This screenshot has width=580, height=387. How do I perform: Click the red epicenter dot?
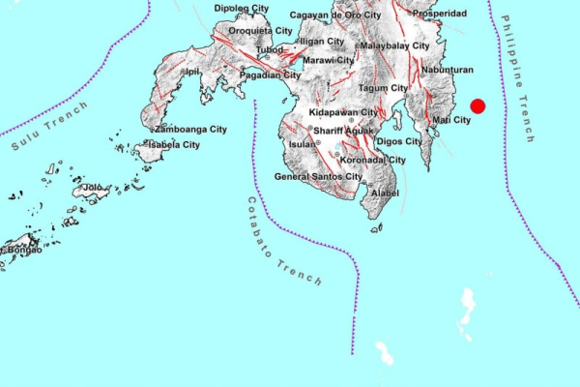(x=477, y=107)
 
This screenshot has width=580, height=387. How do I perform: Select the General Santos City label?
(x=318, y=177)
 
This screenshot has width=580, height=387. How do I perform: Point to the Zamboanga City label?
(x=191, y=129)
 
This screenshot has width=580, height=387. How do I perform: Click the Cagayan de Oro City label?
(x=336, y=15)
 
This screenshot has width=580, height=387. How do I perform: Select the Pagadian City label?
(x=270, y=74)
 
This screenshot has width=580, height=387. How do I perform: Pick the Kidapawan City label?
(x=343, y=113)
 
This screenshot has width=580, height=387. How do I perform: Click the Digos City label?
(x=398, y=141)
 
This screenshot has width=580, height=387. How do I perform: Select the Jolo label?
(x=93, y=187)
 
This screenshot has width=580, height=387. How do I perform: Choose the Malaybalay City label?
(x=394, y=45)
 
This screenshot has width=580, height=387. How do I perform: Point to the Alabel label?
(x=384, y=193)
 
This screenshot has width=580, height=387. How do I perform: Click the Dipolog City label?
(x=242, y=9)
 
